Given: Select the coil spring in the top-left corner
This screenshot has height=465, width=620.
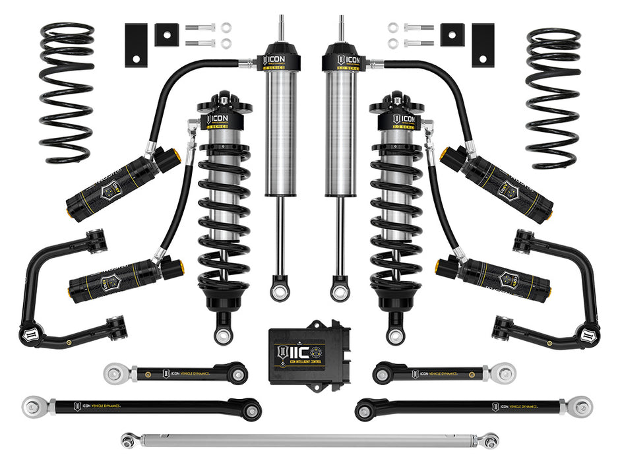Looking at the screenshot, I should click(x=66, y=92).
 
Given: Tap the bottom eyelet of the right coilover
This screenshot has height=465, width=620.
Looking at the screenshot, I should click(x=395, y=334).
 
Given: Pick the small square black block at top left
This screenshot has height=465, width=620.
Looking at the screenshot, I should click(x=165, y=35).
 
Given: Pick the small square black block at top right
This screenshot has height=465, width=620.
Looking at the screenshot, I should click(x=452, y=35).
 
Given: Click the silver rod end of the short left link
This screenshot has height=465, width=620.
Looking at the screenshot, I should click(x=115, y=373).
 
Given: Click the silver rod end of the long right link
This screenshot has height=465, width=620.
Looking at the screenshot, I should click(x=582, y=406).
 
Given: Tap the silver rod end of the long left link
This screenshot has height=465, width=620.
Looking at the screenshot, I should click(x=33, y=404).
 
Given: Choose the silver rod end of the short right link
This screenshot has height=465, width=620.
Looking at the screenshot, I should click(x=505, y=373).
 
